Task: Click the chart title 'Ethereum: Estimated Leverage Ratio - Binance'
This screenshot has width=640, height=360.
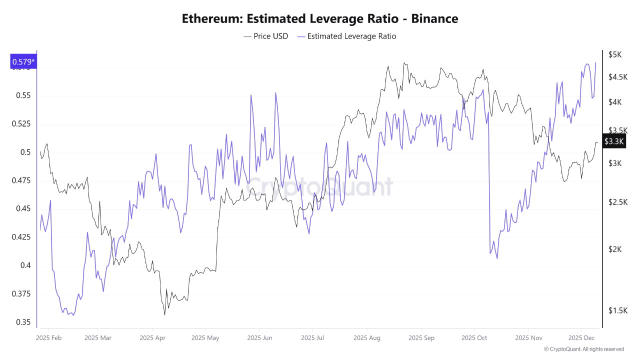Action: tap(319, 19)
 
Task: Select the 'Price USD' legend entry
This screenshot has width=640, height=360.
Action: tap(266, 36)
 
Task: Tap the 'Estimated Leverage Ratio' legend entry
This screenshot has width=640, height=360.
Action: tap(346, 36)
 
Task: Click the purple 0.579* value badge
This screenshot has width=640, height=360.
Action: tap(23, 62)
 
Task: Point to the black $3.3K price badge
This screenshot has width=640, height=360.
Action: tap(613, 141)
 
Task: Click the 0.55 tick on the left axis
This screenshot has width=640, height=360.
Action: tap(23, 95)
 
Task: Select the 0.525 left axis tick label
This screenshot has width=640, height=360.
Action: tap(21, 124)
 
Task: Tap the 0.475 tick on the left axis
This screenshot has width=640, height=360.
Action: tap(21, 180)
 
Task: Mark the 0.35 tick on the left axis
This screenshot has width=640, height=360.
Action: tap(23, 322)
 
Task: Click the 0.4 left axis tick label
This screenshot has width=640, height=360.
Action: tap(25, 265)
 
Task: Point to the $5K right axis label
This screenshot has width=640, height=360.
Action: tap(614, 54)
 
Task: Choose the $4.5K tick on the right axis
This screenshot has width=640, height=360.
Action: tap(617, 77)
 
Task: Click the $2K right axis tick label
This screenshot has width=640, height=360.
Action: tap(614, 249)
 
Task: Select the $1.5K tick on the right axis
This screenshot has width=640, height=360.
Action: tap(617, 310)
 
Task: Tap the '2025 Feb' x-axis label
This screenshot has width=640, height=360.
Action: tap(49, 338)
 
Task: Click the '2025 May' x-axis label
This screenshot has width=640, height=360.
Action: tap(205, 338)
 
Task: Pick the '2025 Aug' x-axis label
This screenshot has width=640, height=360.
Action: tap(366, 338)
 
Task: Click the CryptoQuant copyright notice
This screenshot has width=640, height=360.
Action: tap(583, 349)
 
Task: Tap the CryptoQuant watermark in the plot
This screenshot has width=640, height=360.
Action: tap(320, 187)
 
